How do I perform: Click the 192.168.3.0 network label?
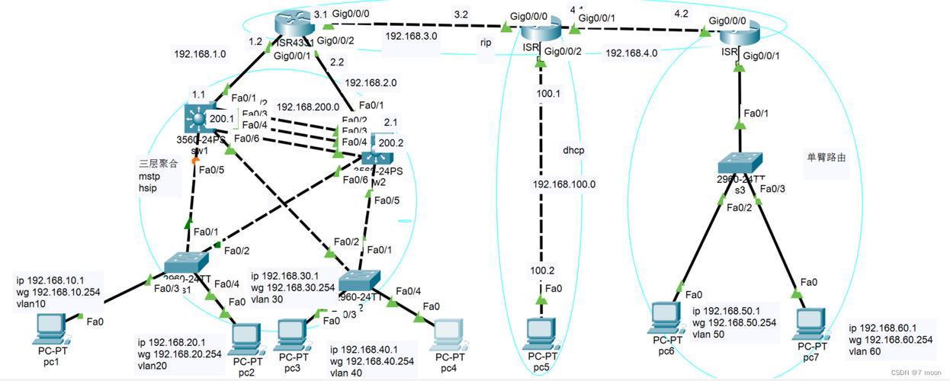click(x=411, y=36)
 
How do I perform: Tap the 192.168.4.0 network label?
click(x=631, y=53)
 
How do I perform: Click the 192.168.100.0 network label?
click(x=563, y=184)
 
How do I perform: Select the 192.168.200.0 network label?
click(x=307, y=107)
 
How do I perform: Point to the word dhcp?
click(x=573, y=150)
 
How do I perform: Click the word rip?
click(x=486, y=43)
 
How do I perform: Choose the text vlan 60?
click(x=865, y=352)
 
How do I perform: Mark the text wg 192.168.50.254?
click(x=733, y=322)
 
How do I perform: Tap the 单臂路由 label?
click(x=826, y=158)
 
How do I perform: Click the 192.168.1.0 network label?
click(x=200, y=54)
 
